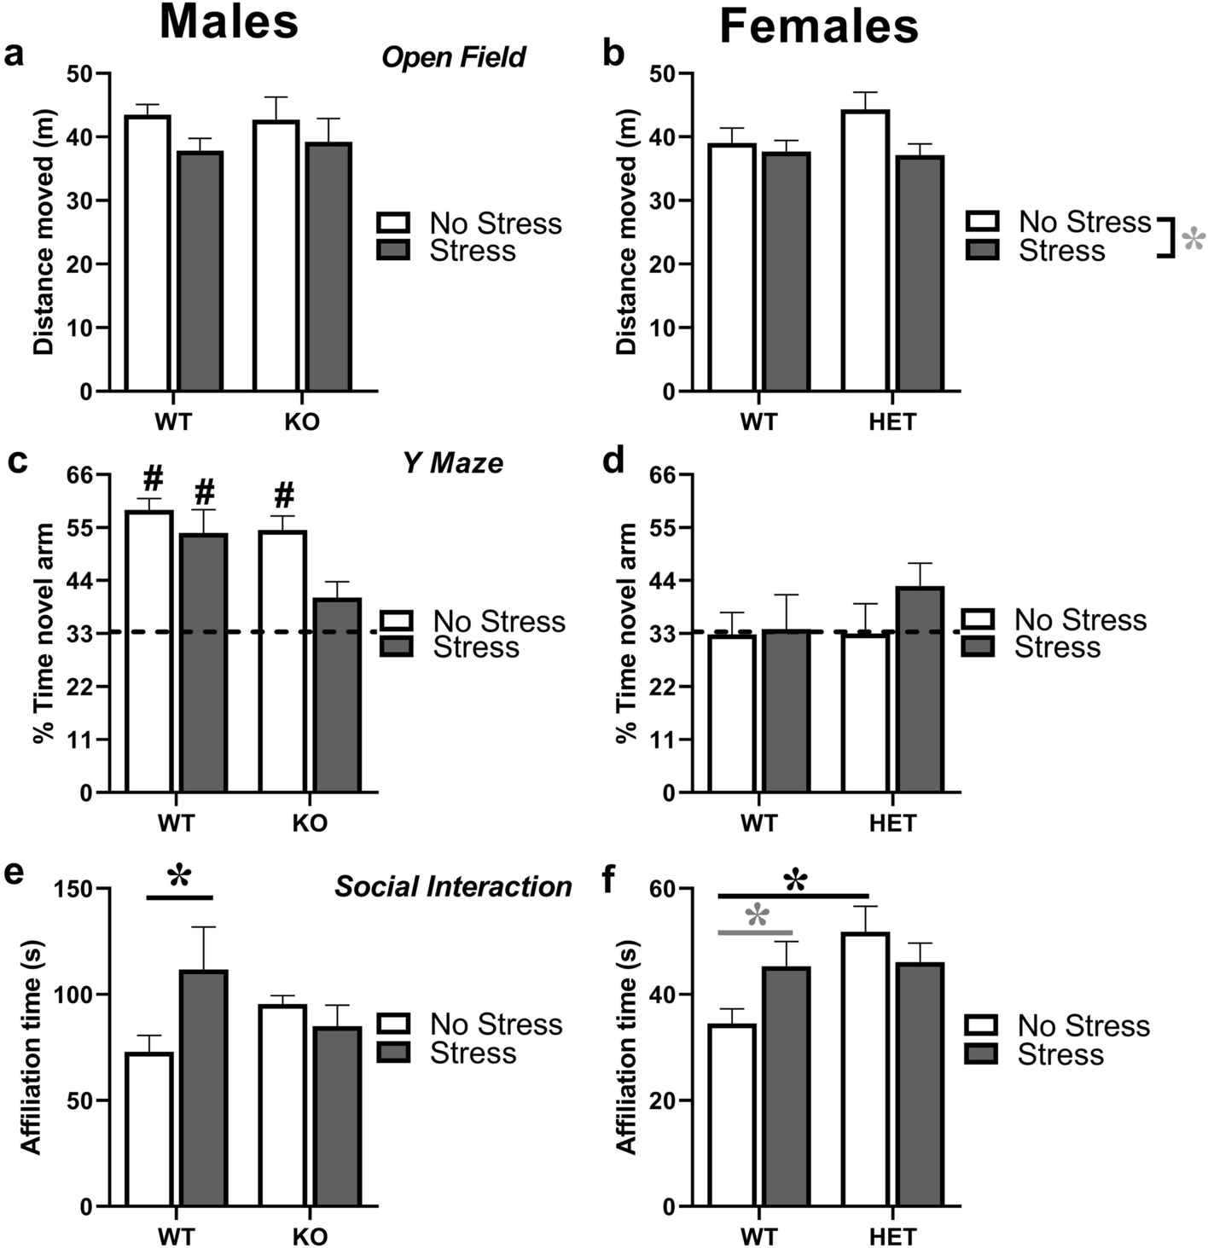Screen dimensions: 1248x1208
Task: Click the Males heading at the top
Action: tap(229, 23)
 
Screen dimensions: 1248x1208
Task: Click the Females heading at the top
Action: tap(818, 26)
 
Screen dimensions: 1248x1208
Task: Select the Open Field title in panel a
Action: tap(453, 58)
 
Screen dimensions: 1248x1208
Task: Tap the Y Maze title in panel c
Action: tap(453, 463)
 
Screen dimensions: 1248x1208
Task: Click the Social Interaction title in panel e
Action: tap(453, 886)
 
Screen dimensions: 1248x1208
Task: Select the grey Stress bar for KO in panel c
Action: tap(336, 695)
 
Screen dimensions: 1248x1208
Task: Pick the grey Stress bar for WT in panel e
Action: tap(203, 1088)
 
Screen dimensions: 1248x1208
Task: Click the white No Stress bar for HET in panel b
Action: tap(865, 251)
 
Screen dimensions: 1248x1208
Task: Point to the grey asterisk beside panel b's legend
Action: tap(1193, 241)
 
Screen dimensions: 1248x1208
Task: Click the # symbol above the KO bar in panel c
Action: tap(284, 495)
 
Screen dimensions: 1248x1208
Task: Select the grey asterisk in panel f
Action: tap(757, 918)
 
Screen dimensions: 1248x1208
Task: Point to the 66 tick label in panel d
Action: tap(671, 475)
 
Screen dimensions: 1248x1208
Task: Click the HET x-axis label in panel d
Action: tap(892, 823)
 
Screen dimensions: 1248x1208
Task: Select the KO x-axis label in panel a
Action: tap(302, 422)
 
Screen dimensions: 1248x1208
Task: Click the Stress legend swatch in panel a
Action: tap(394, 250)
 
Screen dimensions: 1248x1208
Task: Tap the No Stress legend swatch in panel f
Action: tap(982, 1025)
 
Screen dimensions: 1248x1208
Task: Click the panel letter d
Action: tap(613, 461)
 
